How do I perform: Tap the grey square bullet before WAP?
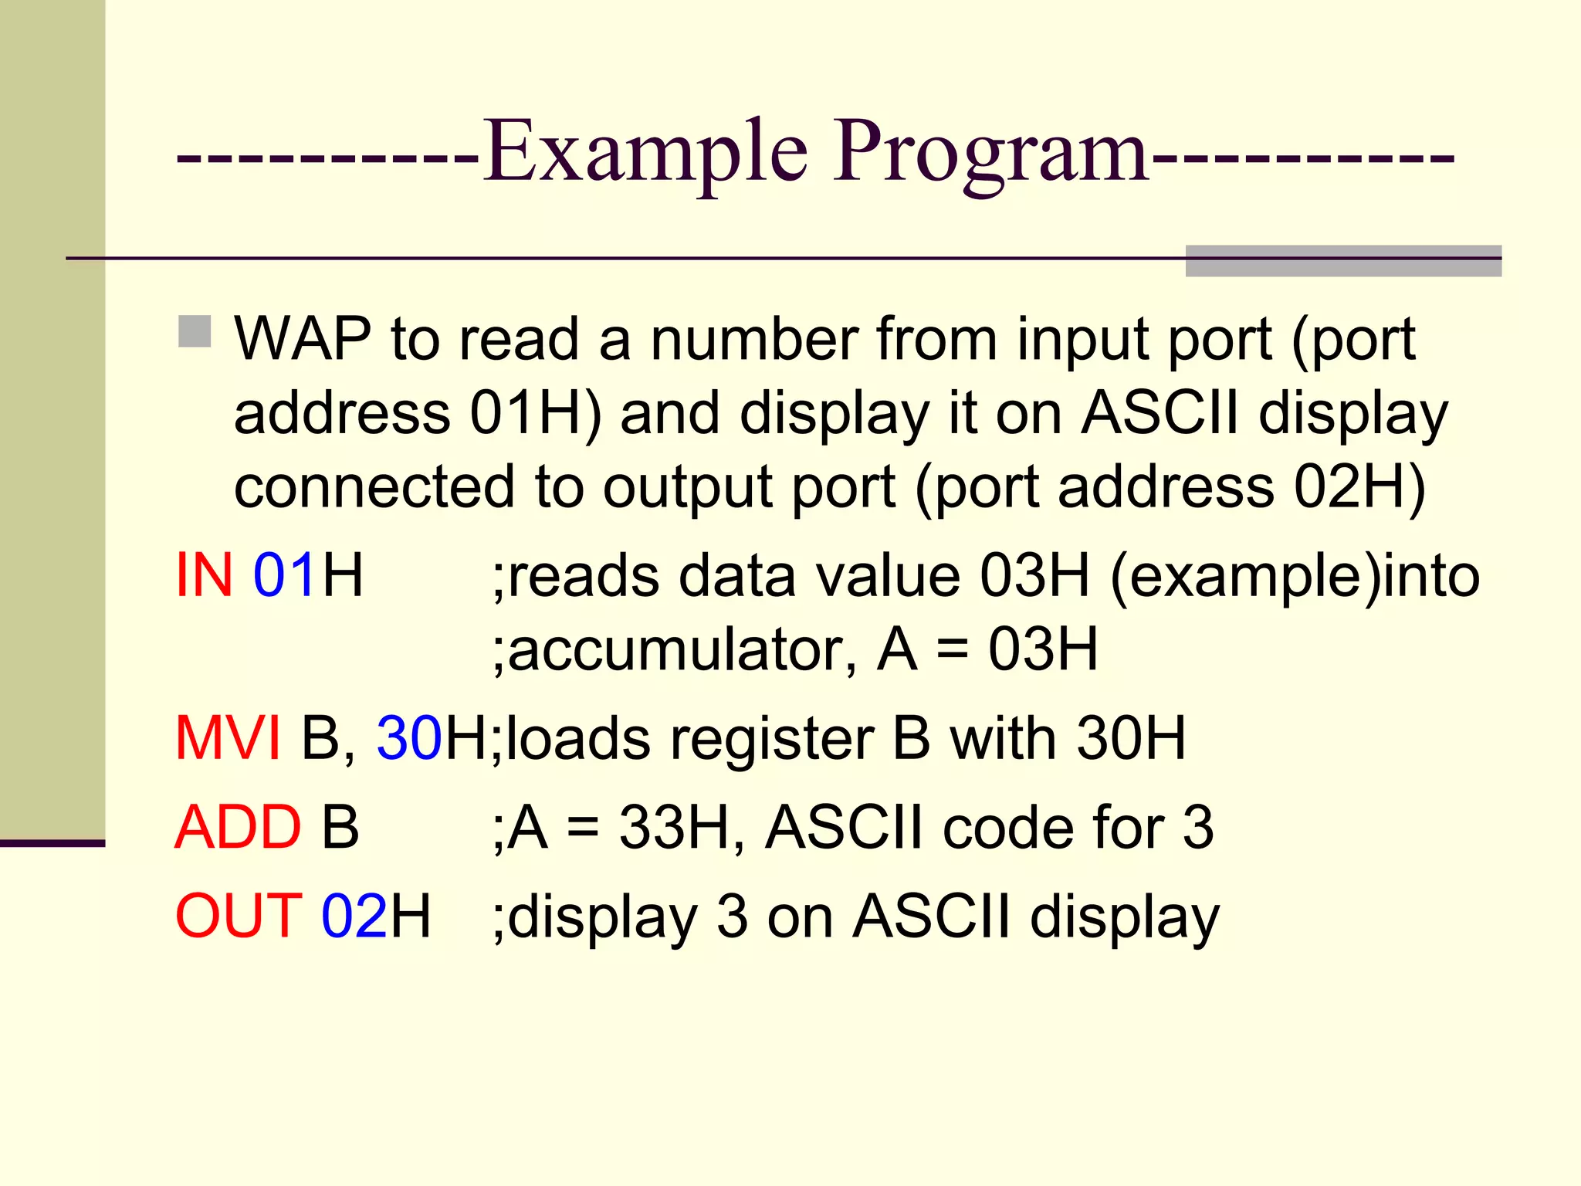click(x=195, y=331)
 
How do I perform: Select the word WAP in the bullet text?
click(x=303, y=339)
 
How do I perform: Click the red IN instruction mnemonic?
click(x=205, y=575)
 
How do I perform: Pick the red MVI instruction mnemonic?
click(x=228, y=738)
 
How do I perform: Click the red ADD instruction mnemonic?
click(x=238, y=827)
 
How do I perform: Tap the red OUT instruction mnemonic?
click(x=239, y=916)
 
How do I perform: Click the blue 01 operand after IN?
click(x=284, y=575)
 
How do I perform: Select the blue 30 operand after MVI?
click(x=409, y=738)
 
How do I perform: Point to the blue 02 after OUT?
click(x=354, y=916)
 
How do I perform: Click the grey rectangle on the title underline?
click(x=1343, y=260)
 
